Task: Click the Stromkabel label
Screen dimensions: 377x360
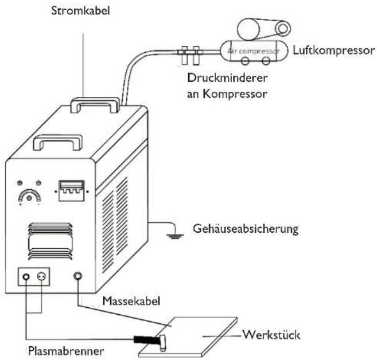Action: pyautogui.click(x=80, y=11)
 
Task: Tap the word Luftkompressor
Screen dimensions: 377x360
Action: pyautogui.click(x=334, y=50)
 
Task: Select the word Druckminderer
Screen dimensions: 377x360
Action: pyautogui.click(x=227, y=78)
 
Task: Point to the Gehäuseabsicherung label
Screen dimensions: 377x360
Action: pyautogui.click(x=246, y=229)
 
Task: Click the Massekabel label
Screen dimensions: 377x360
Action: pyautogui.click(x=131, y=301)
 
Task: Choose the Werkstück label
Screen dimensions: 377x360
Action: pyautogui.click(x=271, y=335)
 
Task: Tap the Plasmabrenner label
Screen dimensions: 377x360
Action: pyautogui.click(x=66, y=351)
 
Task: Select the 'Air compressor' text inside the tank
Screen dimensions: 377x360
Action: pyautogui.click(x=254, y=51)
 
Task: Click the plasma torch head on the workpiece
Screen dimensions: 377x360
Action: pyautogui.click(x=163, y=343)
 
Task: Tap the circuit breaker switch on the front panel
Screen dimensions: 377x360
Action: pyautogui.click(x=72, y=191)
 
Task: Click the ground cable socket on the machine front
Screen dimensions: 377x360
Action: pyautogui.click(x=77, y=276)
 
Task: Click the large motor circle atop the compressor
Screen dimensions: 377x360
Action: pyautogui.click(x=248, y=29)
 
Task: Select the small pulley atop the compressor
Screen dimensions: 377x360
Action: pyautogui.click(x=283, y=29)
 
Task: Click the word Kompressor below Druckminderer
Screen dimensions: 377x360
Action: pyautogui.click(x=235, y=94)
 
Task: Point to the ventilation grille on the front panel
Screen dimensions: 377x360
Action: pyautogui.click(x=50, y=241)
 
